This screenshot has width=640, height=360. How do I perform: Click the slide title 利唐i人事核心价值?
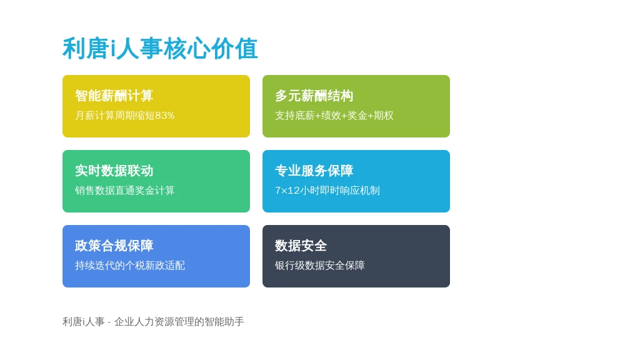click(x=160, y=49)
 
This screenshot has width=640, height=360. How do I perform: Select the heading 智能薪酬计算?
click(x=114, y=96)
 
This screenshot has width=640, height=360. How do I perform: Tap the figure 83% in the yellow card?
click(x=164, y=116)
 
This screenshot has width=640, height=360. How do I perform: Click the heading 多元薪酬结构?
click(x=314, y=96)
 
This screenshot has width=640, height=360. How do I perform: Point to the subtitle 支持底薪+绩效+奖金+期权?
click(x=334, y=116)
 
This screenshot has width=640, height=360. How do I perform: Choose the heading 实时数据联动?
click(x=114, y=171)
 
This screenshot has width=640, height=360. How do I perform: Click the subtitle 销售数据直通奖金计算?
click(x=124, y=191)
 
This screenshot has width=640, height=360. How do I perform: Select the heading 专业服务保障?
click(x=314, y=171)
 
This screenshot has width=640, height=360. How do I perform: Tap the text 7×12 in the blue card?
click(x=287, y=191)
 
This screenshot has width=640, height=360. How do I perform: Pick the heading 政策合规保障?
click(x=114, y=246)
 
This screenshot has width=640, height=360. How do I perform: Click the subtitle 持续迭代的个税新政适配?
click(x=130, y=266)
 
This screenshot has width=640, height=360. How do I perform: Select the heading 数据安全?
click(x=301, y=246)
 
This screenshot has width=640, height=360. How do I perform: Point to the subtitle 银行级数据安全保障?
click(x=319, y=266)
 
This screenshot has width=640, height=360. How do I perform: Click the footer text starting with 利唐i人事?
click(x=153, y=322)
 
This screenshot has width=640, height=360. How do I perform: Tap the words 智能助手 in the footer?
click(x=224, y=322)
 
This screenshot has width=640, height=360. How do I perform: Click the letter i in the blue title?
click(x=113, y=49)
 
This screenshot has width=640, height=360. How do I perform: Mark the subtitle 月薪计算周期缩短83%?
click(x=124, y=116)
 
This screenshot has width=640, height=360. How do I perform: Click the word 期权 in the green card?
click(x=384, y=116)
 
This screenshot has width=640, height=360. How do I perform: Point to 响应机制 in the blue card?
click(x=360, y=191)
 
